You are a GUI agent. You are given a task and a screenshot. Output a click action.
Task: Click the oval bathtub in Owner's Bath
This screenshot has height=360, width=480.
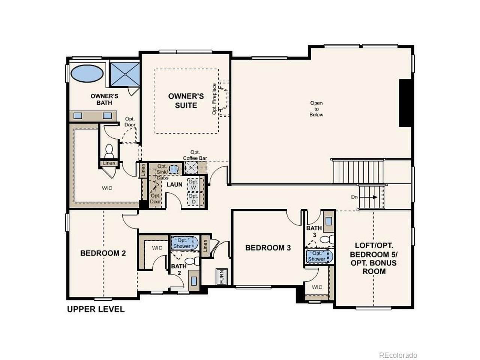87,73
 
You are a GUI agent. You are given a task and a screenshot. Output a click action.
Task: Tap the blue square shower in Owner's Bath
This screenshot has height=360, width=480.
124,74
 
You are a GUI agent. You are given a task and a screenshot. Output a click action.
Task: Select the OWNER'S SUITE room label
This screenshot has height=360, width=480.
186,100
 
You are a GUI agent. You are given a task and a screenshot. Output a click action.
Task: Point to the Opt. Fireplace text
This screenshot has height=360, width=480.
214,99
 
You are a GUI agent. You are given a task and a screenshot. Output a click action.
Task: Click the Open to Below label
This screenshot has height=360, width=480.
316,109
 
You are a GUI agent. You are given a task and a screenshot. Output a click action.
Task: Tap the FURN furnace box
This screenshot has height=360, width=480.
222,276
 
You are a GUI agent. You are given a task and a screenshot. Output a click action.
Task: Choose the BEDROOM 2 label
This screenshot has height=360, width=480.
103,253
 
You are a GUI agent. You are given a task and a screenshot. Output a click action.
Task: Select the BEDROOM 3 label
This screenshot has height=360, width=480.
268,247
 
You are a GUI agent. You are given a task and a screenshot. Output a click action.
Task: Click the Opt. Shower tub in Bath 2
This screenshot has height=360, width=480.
184,243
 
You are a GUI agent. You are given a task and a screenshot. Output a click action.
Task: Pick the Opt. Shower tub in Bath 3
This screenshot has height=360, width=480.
319,256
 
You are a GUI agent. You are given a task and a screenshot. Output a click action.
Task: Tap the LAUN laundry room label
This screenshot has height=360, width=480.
174,184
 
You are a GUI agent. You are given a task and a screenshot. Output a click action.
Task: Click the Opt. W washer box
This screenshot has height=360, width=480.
193,185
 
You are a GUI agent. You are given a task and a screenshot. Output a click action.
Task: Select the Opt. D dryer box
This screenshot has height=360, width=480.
193,199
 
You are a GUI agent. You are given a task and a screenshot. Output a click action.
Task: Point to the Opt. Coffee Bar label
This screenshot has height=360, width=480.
195,155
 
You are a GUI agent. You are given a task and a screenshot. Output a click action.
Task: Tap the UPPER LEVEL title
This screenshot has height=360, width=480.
96,309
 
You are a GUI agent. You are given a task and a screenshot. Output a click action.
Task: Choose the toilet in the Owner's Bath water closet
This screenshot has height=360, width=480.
109,151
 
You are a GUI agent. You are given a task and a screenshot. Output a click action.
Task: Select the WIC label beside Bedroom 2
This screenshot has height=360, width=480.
157,248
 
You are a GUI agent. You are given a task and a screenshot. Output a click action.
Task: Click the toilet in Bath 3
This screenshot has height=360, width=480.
327,239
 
